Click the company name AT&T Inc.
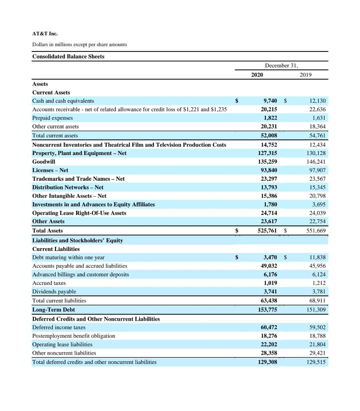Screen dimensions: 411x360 45,34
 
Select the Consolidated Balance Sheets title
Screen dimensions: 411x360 68,56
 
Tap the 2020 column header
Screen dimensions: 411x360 257,75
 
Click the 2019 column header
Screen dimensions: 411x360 305,75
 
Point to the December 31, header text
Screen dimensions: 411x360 281,65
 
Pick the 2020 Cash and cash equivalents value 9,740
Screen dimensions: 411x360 270,101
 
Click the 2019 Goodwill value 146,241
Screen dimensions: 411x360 316,162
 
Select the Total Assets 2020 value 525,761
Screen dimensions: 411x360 267,230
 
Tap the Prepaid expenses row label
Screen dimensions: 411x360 52,118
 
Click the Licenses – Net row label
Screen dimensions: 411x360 50,170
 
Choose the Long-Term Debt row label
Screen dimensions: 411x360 53,310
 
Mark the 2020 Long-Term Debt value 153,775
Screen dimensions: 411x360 267,310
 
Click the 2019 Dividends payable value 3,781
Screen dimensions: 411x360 319,292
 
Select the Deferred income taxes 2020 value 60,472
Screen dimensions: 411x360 269,327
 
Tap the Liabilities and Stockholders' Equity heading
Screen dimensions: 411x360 77,240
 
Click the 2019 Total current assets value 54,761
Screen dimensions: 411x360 317,135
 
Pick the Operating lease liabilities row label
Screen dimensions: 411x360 62,344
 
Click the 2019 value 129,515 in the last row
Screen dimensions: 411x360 316,362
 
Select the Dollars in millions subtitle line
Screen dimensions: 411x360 79,44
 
